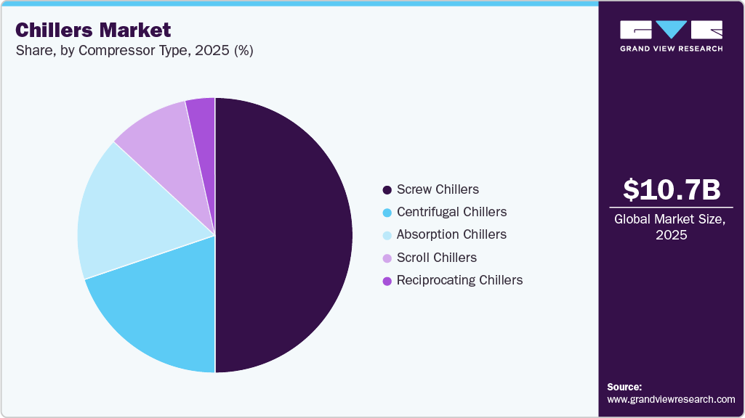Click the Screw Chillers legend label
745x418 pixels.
[438, 189]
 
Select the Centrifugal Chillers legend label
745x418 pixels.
[451, 212]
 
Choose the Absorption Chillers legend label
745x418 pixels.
[451, 234]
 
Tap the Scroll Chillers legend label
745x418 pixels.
[437, 258]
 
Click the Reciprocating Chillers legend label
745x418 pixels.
[459, 280]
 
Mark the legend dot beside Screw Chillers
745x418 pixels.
[387, 190]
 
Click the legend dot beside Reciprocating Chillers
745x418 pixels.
[387, 281]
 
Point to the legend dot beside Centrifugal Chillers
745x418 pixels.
[387, 213]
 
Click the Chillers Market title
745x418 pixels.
[93, 30]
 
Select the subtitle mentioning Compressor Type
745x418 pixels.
[134, 52]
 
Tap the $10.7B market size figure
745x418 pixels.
[672, 189]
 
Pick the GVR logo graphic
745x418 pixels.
[672, 30]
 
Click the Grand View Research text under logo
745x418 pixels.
[672, 49]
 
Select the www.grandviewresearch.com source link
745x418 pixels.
[672, 399]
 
